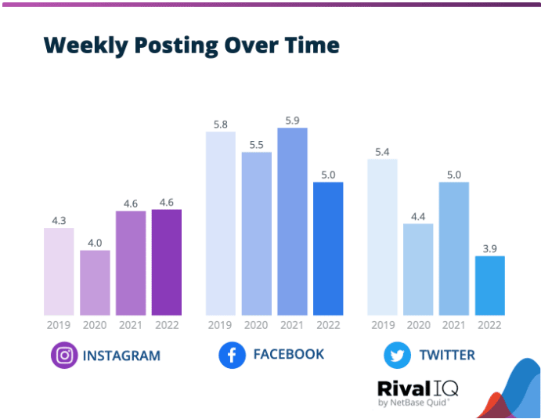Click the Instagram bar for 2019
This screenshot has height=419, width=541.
(x=59, y=271)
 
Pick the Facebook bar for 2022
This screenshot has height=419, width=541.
(x=328, y=248)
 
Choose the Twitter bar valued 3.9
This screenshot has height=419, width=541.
(x=490, y=285)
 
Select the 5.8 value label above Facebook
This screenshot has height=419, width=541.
(x=220, y=124)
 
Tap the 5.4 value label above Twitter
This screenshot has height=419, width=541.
(x=382, y=151)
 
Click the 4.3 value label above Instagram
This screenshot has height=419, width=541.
(x=59, y=220)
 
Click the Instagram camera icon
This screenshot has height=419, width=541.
(x=64, y=356)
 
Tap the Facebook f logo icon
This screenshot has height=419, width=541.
(x=232, y=355)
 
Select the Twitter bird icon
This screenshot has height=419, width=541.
(x=397, y=356)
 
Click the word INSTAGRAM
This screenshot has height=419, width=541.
(x=121, y=356)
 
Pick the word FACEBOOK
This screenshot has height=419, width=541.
(x=288, y=355)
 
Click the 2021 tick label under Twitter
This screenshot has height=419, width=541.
(x=454, y=324)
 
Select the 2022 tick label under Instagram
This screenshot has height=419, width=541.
(x=167, y=324)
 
